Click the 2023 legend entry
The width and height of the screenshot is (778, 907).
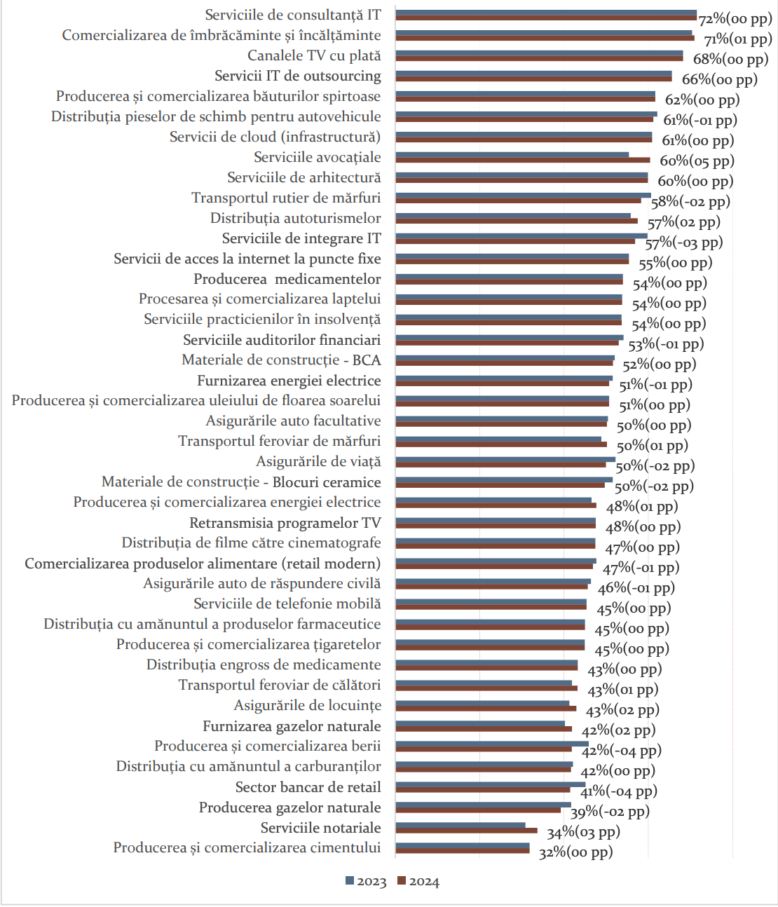click(366, 882)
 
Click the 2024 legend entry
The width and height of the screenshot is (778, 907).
click(418, 882)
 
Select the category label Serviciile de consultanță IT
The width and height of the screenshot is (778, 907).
click(293, 15)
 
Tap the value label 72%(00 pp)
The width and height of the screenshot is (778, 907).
click(735, 19)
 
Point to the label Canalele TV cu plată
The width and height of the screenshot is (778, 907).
click(314, 55)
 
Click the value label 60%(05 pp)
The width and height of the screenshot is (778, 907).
click(697, 161)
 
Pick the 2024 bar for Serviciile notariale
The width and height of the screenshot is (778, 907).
click(466, 831)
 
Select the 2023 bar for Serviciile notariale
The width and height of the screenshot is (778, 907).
click(460, 826)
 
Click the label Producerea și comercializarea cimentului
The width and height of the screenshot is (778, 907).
click(247, 848)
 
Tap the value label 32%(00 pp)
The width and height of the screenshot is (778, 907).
click(575, 852)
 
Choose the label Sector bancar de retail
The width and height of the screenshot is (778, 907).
click(308, 787)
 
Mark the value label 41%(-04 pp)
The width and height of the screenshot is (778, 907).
click(619, 791)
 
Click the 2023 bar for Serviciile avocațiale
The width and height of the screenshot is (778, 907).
click(512, 154)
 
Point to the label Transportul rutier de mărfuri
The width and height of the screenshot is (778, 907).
click(286, 198)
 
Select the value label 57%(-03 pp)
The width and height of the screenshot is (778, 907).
click(684, 243)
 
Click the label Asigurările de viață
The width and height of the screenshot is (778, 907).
click(318, 462)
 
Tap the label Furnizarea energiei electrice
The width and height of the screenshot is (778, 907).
click(289, 381)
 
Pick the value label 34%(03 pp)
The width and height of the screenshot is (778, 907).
click(583, 832)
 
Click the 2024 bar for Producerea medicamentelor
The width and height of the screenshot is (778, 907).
click(509, 282)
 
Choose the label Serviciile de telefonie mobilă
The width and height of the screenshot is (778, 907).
click(287, 603)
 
